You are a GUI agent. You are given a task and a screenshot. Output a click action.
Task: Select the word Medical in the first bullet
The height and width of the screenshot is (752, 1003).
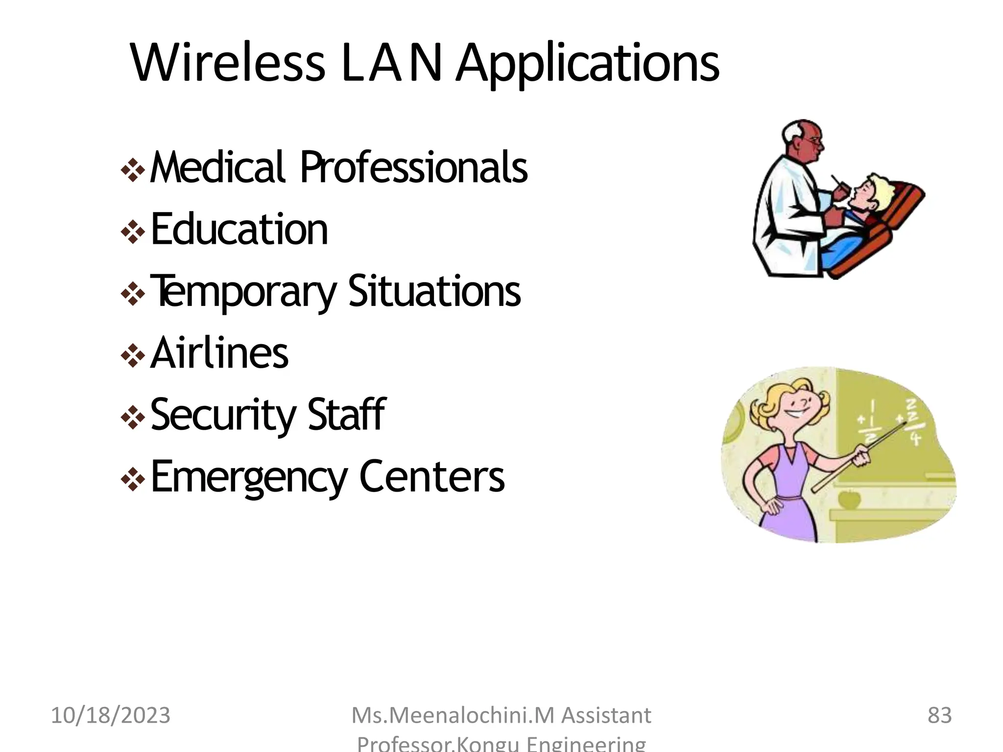click(x=217, y=167)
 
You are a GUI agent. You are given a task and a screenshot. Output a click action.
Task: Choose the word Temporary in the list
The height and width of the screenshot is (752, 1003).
click(x=243, y=292)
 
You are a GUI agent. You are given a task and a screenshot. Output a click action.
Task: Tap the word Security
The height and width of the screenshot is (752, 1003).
click(x=223, y=415)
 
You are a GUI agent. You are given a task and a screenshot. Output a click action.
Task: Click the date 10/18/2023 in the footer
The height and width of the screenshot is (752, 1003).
click(x=111, y=715)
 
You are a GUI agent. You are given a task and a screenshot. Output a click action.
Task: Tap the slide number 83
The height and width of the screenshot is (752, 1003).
click(x=939, y=715)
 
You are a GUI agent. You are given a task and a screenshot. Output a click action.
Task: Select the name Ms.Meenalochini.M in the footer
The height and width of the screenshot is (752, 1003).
click(x=453, y=715)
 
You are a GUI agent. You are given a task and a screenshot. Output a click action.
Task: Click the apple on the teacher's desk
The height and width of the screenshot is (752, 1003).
click(x=849, y=499)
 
